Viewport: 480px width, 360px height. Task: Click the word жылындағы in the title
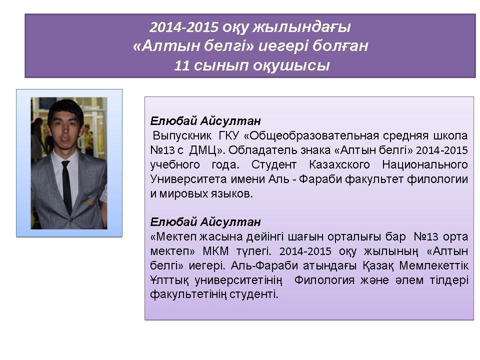point(301,27)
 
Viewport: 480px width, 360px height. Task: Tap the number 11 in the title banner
point(182,65)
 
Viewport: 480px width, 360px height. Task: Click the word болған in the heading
point(340,46)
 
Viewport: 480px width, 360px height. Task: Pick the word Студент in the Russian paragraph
point(273,164)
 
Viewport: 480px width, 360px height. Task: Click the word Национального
point(425,164)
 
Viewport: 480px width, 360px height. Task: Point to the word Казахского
point(339,164)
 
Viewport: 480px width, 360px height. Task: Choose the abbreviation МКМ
point(215,251)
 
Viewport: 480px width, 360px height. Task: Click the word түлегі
point(254,251)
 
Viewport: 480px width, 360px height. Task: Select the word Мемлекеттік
point(434,265)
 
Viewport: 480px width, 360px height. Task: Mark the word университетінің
point(238,280)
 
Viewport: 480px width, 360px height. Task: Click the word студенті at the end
point(254,294)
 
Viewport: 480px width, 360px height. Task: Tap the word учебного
point(175,165)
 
